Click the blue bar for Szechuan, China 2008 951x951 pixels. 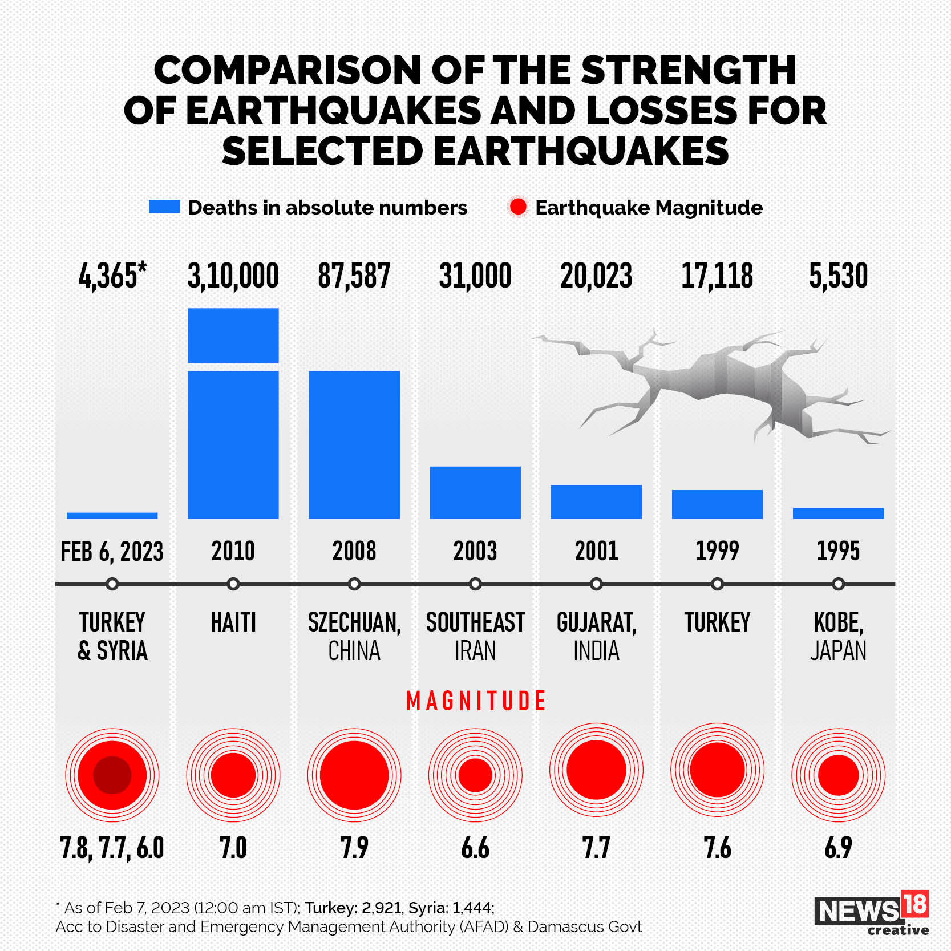click(354, 444)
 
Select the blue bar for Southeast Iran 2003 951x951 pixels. click(475, 492)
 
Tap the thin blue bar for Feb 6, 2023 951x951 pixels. click(112, 516)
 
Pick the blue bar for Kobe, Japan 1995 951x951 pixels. click(838, 513)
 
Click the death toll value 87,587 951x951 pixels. click(354, 276)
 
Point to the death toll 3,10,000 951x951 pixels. click(233, 276)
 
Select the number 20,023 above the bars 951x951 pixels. click(596, 276)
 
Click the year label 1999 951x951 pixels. click(717, 551)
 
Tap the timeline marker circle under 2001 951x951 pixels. click(596, 584)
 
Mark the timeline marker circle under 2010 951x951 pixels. click(233, 584)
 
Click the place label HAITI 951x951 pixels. click(233, 622)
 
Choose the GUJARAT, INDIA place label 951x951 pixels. click(596, 636)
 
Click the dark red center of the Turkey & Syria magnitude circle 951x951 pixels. click(112, 775)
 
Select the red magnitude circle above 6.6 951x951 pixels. click(475, 775)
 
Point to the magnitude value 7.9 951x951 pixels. click(354, 848)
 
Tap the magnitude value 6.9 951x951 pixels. click(838, 848)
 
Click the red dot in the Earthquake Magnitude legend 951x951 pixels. click(518, 207)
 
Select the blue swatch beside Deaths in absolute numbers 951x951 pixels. click(164, 207)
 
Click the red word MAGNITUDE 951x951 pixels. click(476, 701)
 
